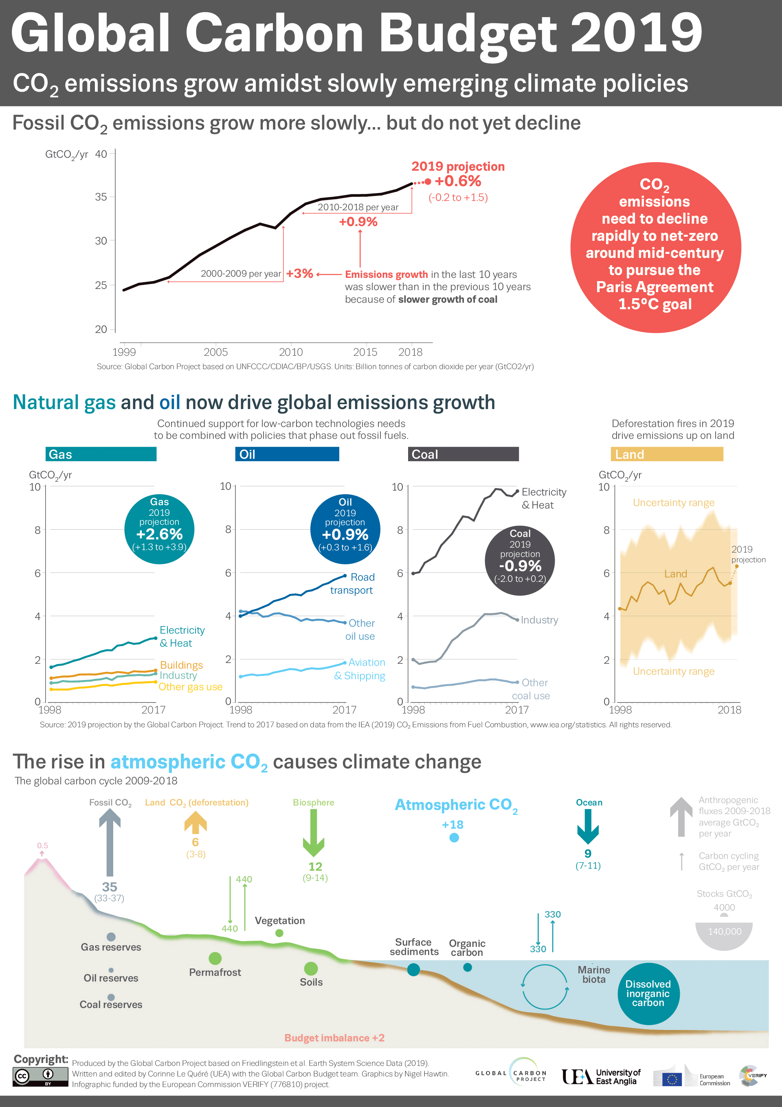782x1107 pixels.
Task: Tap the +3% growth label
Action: click(x=299, y=273)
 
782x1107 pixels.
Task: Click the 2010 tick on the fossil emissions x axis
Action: click(x=291, y=352)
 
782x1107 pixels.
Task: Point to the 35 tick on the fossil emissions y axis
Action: click(x=101, y=197)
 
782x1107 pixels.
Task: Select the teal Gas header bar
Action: click(x=101, y=454)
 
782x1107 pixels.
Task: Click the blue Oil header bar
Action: click(x=287, y=454)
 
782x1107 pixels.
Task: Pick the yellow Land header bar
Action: click(x=667, y=454)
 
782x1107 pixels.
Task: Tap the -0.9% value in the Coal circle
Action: click(x=520, y=566)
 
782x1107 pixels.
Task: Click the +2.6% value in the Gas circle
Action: click(x=159, y=534)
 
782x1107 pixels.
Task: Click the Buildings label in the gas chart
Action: click(x=181, y=665)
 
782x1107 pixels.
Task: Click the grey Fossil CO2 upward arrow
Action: click(x=110, y=841)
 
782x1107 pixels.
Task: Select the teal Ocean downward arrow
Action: click(x=588, y=826)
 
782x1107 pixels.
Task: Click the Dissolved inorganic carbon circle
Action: click(x=648, y=993)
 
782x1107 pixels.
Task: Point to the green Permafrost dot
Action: click(x=215, y=958)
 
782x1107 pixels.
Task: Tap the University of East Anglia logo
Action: click(x=601, y=1076)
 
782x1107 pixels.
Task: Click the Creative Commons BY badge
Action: click(x=40, y=1076)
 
